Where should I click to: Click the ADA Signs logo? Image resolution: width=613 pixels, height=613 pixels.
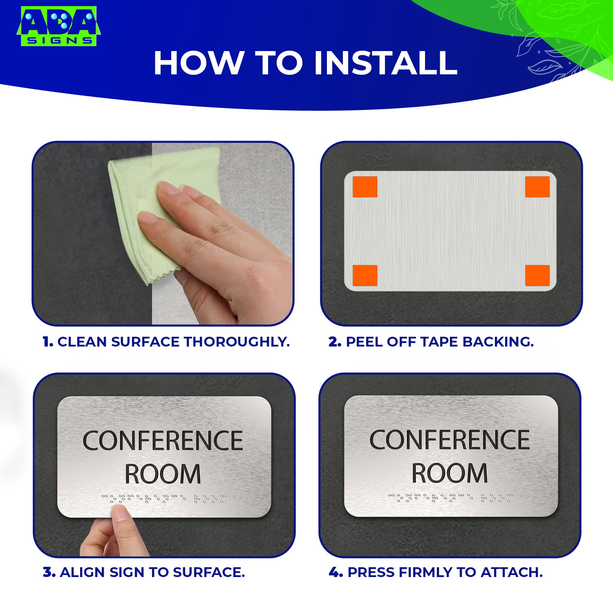pyautogui.click(x=58, y=26)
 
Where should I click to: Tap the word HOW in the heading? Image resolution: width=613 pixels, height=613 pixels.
pyautogui.click(x=198, y=63)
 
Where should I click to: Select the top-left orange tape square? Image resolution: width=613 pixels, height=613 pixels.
pyautogui.click(x=365, y=187)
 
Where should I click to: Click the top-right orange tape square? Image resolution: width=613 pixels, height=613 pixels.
pyautogui.click(x=537, y=187)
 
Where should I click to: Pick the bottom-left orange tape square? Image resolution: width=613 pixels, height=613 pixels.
pyautogui.click(x=365, y=275)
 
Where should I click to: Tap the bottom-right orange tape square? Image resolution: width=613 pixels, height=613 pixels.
pyautogui.click(x=537, y=275)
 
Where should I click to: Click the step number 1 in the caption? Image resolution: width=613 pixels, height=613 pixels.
pyautogui.click(x=47, y=342)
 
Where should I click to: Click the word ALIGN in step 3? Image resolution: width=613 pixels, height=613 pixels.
pyautogui.click(x=82, y=572)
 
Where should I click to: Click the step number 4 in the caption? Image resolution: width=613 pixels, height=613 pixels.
pyautogui.click(x=335, y=572)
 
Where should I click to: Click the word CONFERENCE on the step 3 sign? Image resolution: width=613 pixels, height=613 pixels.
pyautogui.click(x=163, y=441)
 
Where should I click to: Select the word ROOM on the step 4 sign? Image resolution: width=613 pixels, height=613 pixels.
pyautogui.click(x=450, y=473)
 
